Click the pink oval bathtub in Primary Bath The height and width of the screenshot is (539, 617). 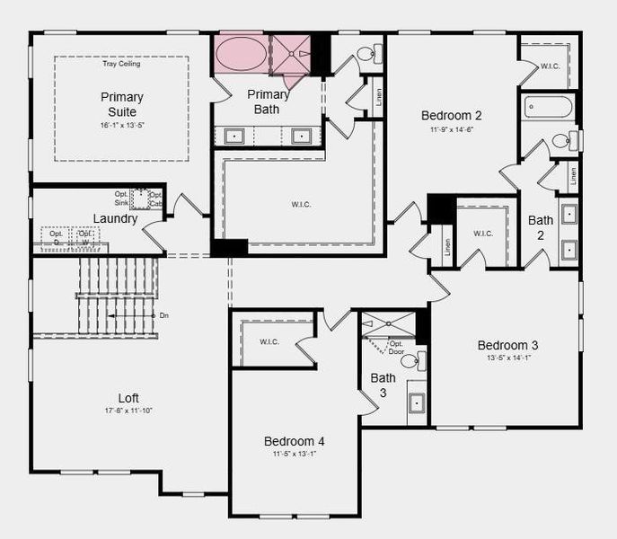pos(240,55)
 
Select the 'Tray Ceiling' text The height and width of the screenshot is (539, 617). pos(121,64)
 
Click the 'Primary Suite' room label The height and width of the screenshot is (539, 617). pos(121,103)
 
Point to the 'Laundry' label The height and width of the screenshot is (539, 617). pos(115,218)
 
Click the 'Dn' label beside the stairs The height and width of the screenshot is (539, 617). pos(163,315)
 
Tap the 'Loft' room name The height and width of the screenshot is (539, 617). pos(128,398)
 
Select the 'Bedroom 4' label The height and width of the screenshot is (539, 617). pos(294,441)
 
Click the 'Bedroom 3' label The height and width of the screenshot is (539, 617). pos(507,346)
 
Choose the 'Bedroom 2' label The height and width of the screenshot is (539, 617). pos(453,115)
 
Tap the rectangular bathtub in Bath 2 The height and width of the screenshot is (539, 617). pos(549,108)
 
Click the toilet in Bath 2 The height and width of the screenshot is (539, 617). pos(563,140)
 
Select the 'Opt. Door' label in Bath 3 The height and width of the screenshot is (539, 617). pos(396,347)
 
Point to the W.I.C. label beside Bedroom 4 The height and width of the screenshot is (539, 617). pos(269,341)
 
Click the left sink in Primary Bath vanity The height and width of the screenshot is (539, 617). pos(234,137)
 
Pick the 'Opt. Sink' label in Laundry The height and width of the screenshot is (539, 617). pos(122,199)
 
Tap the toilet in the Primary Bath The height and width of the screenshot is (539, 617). pos(367,54)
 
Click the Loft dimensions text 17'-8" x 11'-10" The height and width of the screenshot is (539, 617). pos(128,411)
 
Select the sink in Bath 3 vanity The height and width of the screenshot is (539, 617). pos(417,402)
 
